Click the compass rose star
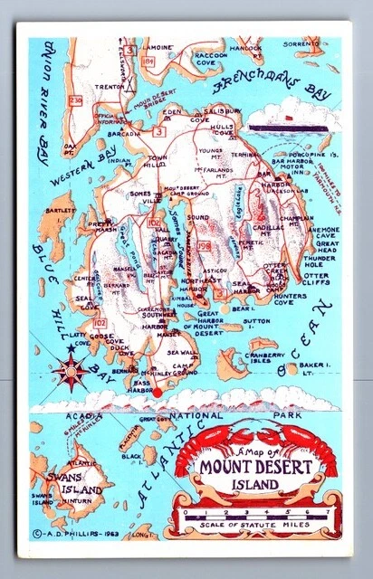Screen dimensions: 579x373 pyautogui.click(x=71, y=372)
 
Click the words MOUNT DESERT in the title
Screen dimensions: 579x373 pyautogui.click(x=257, y=468)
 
